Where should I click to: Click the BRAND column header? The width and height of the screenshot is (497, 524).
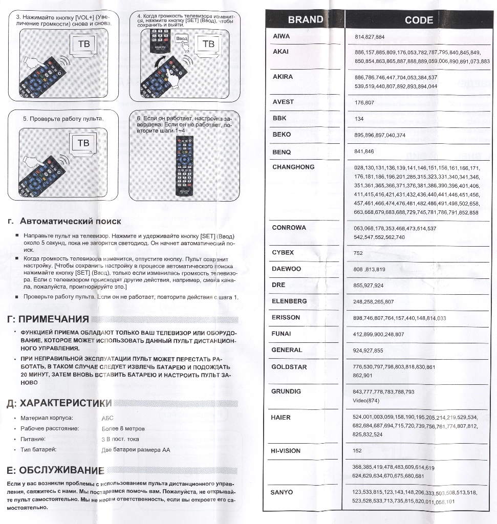point(305,20)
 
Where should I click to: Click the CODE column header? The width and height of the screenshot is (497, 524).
point(419,20)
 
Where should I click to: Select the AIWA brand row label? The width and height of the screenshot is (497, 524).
point(281,36)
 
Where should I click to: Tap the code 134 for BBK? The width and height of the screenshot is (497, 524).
point(359,119)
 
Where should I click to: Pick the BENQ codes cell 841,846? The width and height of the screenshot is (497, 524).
point(364,151)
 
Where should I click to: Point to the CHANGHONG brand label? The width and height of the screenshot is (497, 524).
point(293,167)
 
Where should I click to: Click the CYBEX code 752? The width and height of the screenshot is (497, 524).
point(358,253)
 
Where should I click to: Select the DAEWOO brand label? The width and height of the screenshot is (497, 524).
point(286,269)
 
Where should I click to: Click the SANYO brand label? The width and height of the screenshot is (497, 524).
point(282,492)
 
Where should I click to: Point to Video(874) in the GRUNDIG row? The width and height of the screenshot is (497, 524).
point(366,400)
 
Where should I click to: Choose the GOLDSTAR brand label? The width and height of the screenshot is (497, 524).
point(289,367)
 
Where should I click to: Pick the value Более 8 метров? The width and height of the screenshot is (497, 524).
point(123,428)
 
